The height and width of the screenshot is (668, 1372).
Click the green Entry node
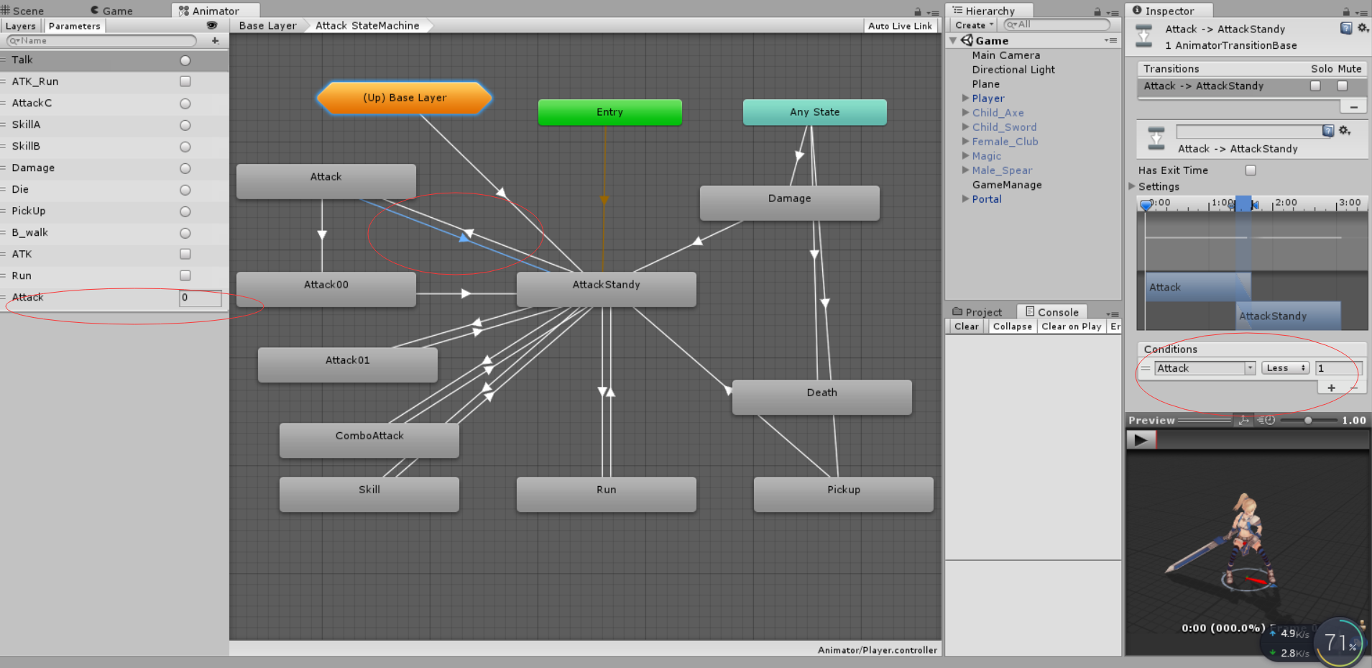coord(609,112)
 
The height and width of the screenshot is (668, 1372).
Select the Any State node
coord(814,112)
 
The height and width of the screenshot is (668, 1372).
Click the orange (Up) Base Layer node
coord(405,98)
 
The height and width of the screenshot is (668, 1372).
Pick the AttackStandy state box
coord(606,288)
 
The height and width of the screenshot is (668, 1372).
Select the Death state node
coord(821,396)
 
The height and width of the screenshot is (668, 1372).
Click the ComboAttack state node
coord(369,439)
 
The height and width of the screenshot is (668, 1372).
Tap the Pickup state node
coord(843,493)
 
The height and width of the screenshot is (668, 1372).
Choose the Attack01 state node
coord(347,364)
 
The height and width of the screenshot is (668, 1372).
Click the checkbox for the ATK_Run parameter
coord(185,82)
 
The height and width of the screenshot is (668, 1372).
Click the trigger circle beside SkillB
coord(185,147)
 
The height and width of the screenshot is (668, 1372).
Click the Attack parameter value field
coord(200,298)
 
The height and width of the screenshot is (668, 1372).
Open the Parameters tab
coord(75,26)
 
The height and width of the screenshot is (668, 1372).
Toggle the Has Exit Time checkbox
coord(1251,170)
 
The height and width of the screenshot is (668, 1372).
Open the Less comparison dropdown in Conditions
coord(1285,368)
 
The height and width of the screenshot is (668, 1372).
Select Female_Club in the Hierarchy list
coord(1005,142)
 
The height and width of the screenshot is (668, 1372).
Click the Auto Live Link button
coord(900,26)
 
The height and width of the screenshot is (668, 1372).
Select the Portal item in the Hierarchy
coord(987,199)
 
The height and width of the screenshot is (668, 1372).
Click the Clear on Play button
coord(1071,326)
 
